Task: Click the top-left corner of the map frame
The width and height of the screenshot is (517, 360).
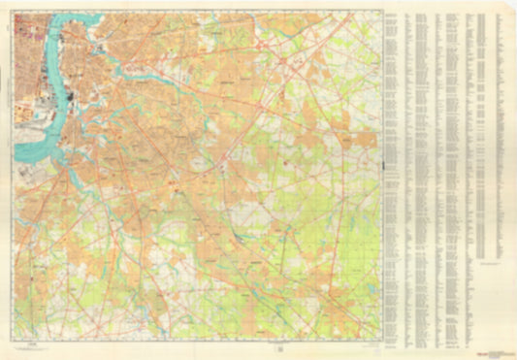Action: pos(15,13)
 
